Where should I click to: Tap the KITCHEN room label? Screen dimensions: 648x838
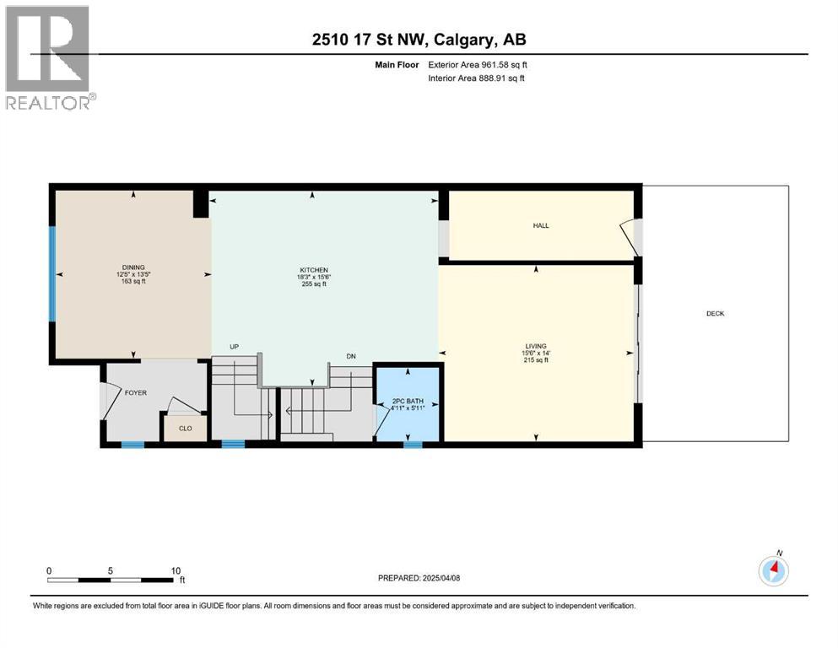click(x=312, y=270)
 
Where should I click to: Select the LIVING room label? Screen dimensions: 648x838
click(x=535, y=346)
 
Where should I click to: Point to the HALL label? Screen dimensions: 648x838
click(x=541, y=226)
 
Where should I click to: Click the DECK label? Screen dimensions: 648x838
click(x=716, y=314)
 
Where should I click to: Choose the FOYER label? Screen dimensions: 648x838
click(x=136, y=392)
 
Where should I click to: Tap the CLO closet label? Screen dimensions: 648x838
click(x=185, y=428)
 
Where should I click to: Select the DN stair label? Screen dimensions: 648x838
click(x=351, y=356)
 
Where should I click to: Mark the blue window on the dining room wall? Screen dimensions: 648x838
click(x=51, y=273)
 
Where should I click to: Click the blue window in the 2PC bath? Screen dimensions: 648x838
click(x=412, y=444)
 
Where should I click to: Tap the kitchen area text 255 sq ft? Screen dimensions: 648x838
click(x=312, y=284)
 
